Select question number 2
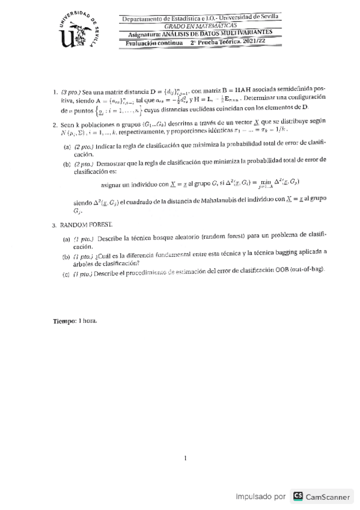tap(55, 121)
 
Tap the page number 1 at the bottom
tap(186, 459)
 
